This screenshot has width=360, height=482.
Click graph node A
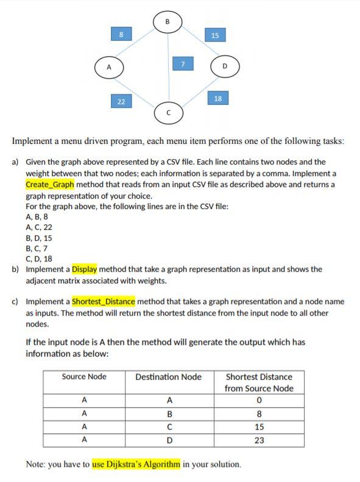[x=110, y=66]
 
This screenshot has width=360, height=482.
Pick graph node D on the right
[x=224, y=66]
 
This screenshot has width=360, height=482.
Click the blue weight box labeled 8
[x=121, y=35]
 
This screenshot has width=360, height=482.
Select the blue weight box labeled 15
[x=215, y=35]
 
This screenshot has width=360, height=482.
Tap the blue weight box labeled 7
[x=183, y=63]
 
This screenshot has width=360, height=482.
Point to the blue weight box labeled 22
[x=121, y=101]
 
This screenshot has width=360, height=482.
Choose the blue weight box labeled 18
[x=217, y=97]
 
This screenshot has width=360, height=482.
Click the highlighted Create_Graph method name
[x=50, y=184]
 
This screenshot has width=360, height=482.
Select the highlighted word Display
[x=84, y=269]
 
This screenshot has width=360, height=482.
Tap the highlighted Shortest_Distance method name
[x=104, y=302]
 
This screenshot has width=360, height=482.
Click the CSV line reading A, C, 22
[x=39, y=227]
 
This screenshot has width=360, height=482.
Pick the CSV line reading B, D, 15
[x=39, y=238]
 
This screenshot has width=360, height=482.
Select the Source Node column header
[x=84, y=377]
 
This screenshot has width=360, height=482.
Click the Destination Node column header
[x=168, y=377]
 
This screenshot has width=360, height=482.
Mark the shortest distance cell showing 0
[x=259, y=400]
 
